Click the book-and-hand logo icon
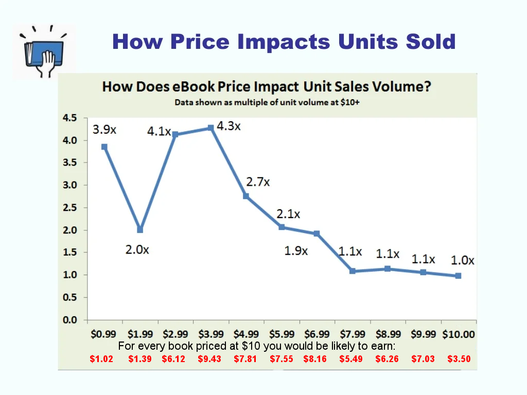(43, 51)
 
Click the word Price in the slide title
(201, 42)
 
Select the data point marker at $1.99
(140, 230)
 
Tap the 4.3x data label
(229, 126)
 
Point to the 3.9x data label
(104, 130)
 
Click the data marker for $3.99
(210, 128)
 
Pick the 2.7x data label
(258, 182)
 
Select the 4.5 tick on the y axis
(69, 118)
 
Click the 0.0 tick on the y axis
(69, 320)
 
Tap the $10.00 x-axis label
(459, 334)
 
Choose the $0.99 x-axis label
(104, 334)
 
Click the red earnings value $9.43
(209, 359)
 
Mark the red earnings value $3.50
(459, 359)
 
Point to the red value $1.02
(101, 359)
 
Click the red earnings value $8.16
(315, 359)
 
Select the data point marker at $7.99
(353, 271)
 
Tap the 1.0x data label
(463, 261)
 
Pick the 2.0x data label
(137, 250)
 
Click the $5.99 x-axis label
(282, 334)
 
